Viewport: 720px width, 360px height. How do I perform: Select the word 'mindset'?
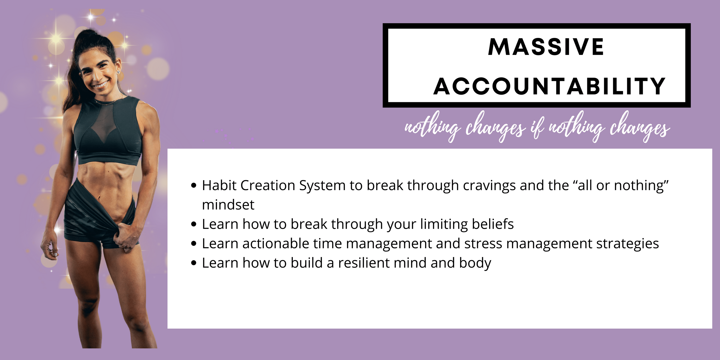[228, 204]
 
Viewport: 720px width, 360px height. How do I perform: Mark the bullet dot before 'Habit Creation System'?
[194, 186]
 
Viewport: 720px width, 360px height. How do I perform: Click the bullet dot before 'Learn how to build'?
[194, 263]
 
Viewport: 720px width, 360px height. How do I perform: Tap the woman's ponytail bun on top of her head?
[90, 35]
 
